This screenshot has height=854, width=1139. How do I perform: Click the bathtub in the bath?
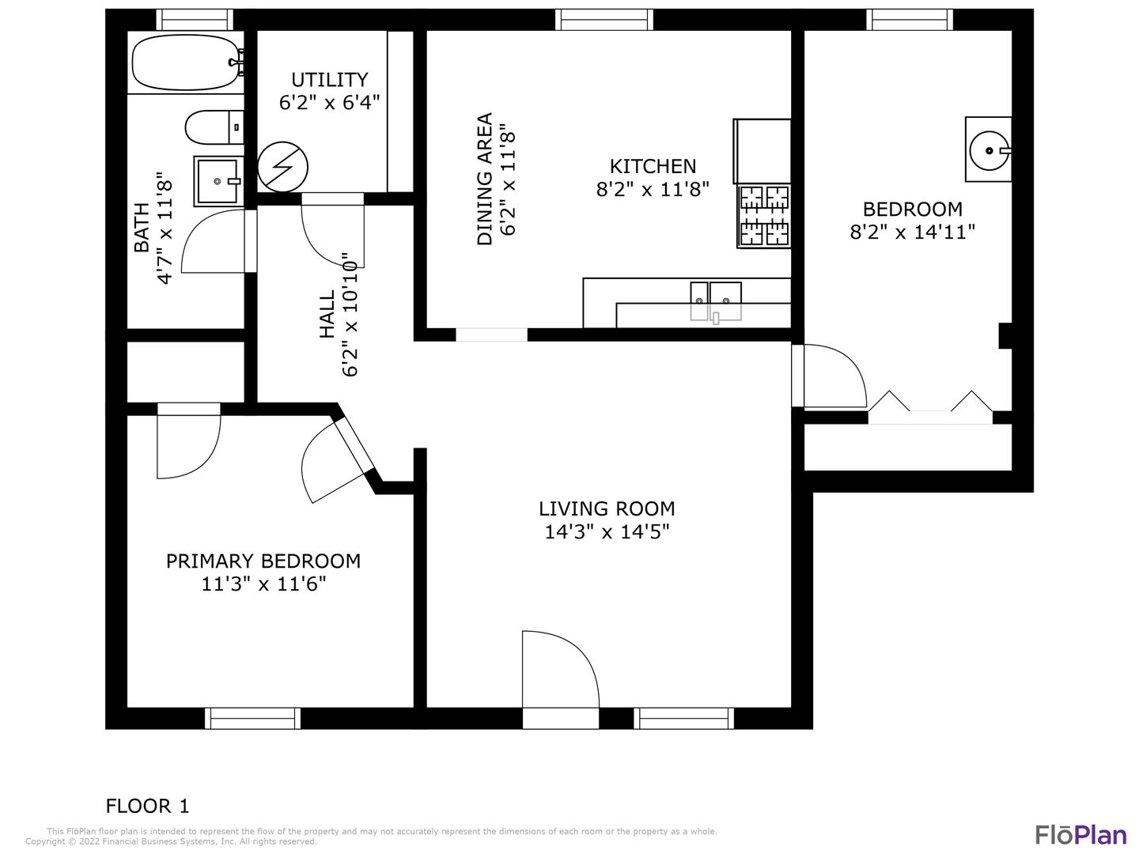pos(186,62)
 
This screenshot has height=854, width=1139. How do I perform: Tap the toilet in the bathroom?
pos(214,127)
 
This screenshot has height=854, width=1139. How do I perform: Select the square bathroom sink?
pos(218,181)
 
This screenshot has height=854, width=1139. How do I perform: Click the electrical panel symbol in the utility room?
pos(283,167)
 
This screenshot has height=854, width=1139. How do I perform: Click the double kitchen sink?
pos(716,301)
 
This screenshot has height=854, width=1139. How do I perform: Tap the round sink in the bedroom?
pos(989,150)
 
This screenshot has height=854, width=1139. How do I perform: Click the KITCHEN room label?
pos(653,166)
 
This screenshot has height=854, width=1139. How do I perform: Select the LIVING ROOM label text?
pos(607,508)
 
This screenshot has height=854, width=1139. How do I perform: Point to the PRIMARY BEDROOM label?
pos(263,561)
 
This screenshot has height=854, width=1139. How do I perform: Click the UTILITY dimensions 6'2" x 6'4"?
pos(330,103)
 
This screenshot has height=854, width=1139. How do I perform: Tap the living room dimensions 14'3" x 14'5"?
pos(607,532)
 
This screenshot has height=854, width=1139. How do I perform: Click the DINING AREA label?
pos(484,179)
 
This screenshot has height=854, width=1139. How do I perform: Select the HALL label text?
pos(327,314)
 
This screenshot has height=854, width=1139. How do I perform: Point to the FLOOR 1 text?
pos(148,807)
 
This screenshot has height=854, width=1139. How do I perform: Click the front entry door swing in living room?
pos(561,670)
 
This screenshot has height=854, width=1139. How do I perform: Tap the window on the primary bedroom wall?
pos(252,718)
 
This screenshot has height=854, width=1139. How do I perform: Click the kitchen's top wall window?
pos(604,20)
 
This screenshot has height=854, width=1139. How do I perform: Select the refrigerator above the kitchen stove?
pos(762,151)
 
